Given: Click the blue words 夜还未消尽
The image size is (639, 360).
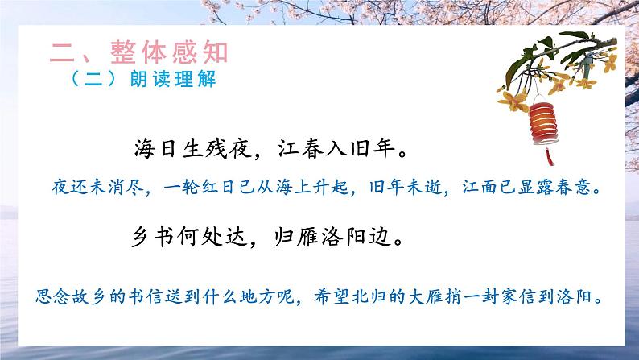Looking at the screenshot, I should click(83, 190).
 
